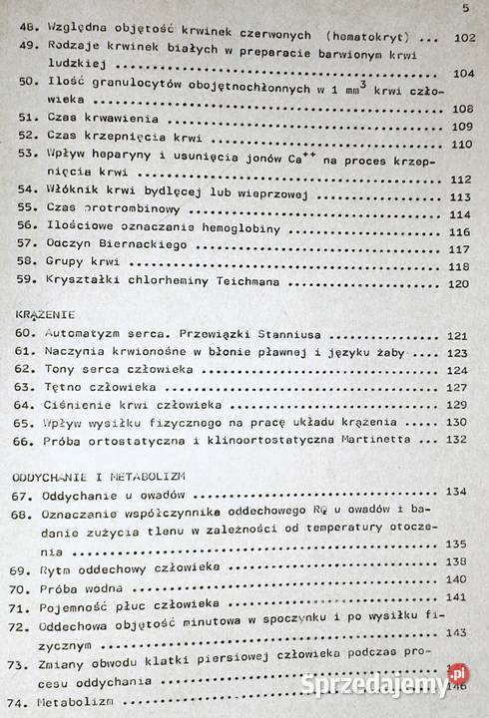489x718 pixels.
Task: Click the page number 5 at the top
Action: point(465,9)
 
